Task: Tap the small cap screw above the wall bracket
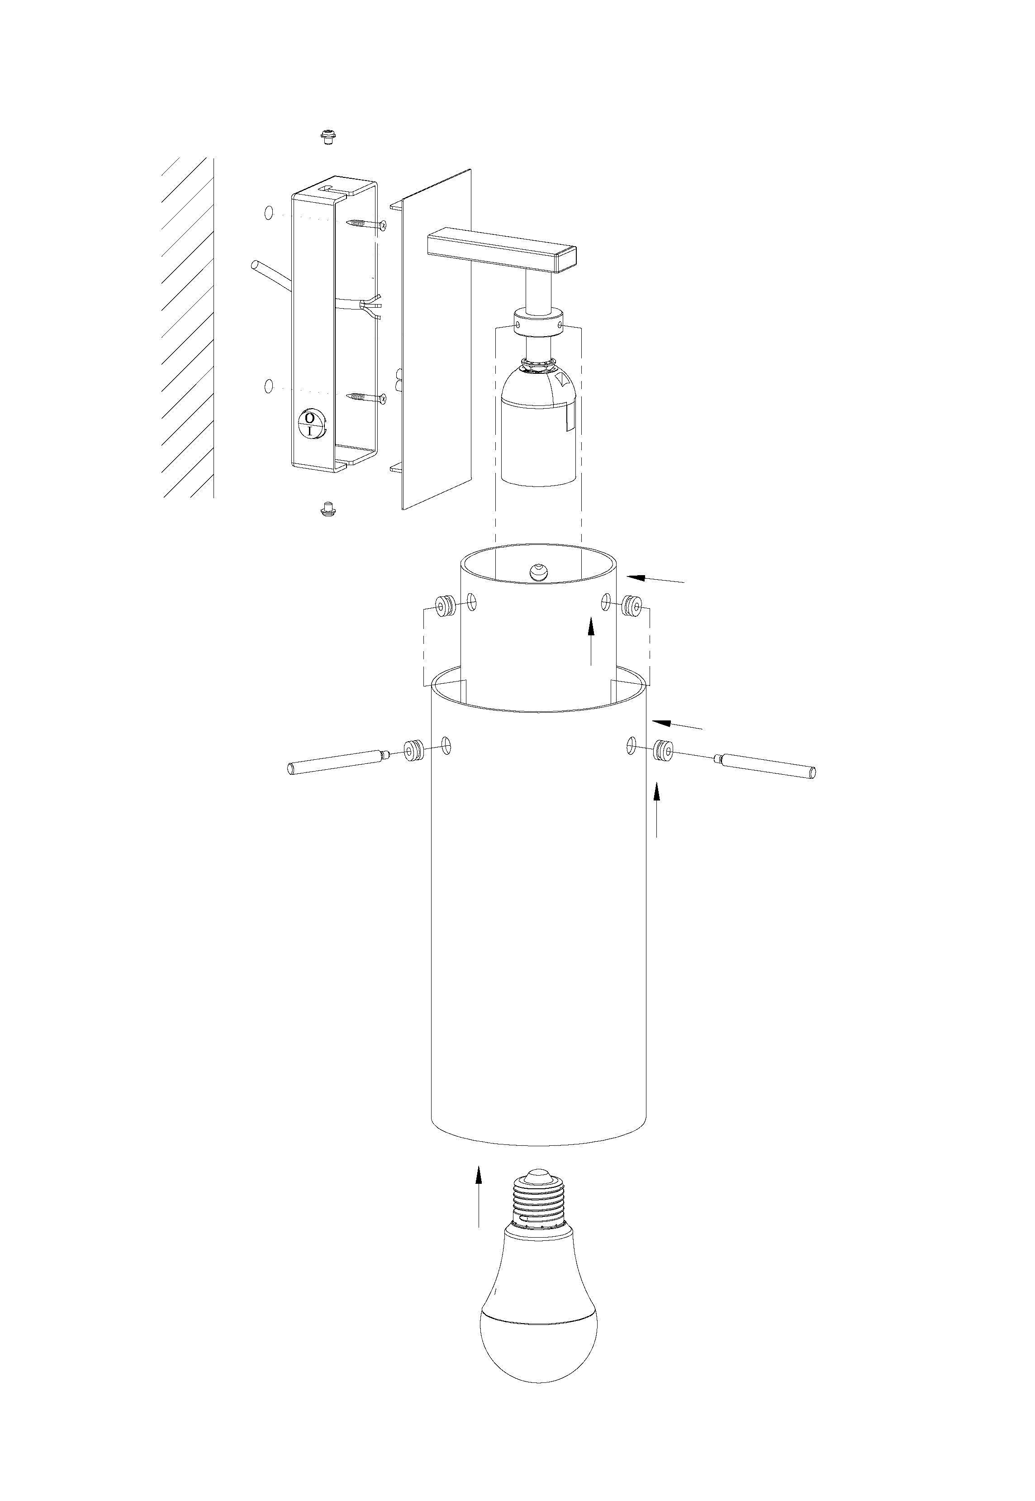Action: tap(329, 136)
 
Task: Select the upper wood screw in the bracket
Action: tap(367, 224)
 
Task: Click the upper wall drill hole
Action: tap(269, 212)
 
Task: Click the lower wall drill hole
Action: tap(269, 386)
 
